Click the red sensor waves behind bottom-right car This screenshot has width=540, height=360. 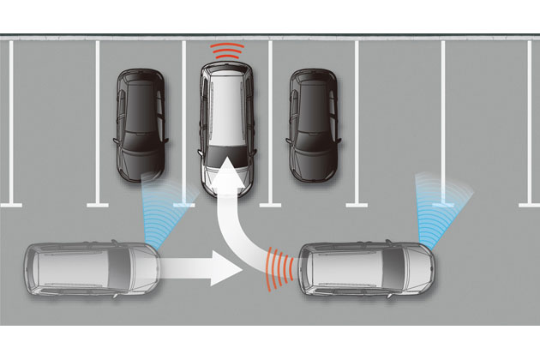coord(278,266)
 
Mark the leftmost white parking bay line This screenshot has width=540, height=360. coord(10,120)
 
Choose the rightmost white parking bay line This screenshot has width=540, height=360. coord(529,120)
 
